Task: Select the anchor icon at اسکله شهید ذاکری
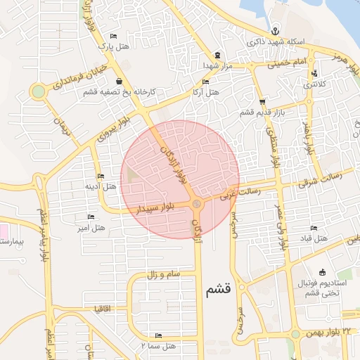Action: [x=276, y=31]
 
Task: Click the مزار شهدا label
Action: [x=217, y=65]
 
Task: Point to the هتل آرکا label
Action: [x=205, y=92]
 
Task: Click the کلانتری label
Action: [x=314, y=84]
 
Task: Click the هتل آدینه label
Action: [x=100, y=186]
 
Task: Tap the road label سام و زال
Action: [x=165, y=274]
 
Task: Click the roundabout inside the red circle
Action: [x=197, y=205]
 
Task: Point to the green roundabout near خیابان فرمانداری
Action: [x=38, y=91]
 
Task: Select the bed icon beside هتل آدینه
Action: [x=100, y=176]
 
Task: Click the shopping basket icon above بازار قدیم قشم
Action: [x=262, y=102]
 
